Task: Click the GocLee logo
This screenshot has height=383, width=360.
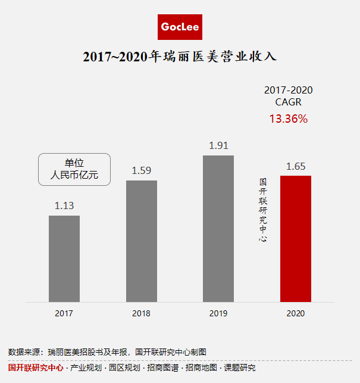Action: click(x=180, y=27)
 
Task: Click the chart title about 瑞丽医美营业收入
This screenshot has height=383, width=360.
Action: click(x=180, y=58)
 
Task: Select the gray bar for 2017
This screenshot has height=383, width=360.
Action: click(x=64, y=259)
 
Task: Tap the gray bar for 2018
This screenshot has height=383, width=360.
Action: click(x=142, y=241)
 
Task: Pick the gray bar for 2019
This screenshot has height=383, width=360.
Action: click(x=218, y=229)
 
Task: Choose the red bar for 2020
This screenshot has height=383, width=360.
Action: click(x=296, y=238)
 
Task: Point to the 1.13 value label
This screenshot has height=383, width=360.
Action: click(x=64, y=206)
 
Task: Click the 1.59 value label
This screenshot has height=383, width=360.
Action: click(x=142, y=171)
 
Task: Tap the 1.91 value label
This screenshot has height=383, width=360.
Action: click(x=218, y=145)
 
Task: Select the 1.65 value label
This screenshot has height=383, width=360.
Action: click(x=296, y=166)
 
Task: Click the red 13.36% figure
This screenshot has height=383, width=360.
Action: click(x=289, y=119)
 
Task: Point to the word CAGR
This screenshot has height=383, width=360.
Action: click(x=289, y=102)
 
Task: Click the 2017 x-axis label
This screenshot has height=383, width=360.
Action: click(x=64, y=313)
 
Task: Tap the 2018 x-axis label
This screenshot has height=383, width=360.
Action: click(x=142, y=313)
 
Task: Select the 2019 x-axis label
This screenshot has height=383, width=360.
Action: click(x=218, y=313)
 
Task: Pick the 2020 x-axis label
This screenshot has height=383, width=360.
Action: click(x=296, y=313)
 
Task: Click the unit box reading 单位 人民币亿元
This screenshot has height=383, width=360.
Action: click(x=74, y=169)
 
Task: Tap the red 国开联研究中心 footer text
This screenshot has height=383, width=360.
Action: click(x=36, y=368)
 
